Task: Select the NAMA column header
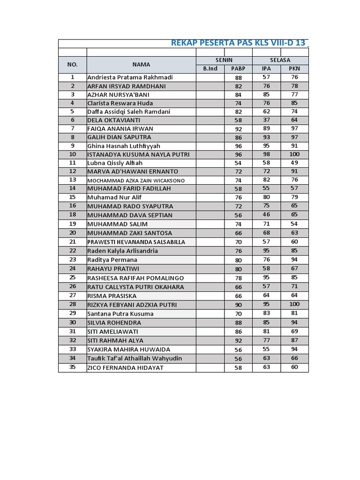141,64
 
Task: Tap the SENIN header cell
224,60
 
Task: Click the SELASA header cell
280,60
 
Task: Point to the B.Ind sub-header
210,69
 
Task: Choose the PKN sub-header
294,69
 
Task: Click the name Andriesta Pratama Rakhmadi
130,77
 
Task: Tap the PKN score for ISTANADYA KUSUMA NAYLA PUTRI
294,154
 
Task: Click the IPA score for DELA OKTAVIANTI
266,120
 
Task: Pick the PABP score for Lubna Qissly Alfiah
238,163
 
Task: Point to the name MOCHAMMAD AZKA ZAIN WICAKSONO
136,180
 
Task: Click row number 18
73,215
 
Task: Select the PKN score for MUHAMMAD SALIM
294,224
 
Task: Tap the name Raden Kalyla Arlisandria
122,251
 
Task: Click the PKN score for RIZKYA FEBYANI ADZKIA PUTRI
294,304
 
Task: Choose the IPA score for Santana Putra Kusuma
266,313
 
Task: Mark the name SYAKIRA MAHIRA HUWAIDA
129,349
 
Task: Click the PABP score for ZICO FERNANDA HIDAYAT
238,368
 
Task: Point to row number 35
73,367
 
